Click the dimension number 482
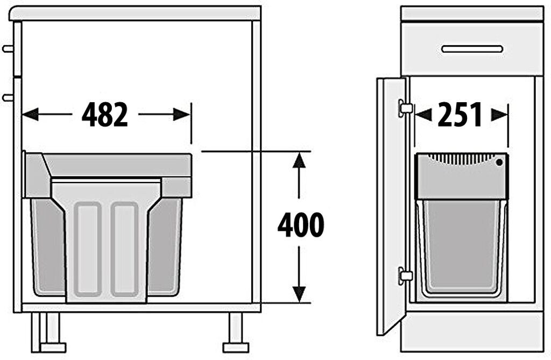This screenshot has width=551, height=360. click(x=105, y=115)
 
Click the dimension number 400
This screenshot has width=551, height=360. click(x=301, y=225)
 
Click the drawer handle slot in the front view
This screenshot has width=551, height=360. click(x=472, y=49)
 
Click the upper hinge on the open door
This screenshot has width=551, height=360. click(x=405, y=108)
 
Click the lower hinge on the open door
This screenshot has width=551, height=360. click(x=405, y=276)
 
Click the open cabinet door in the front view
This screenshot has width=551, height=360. click(x=391, y=204)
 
